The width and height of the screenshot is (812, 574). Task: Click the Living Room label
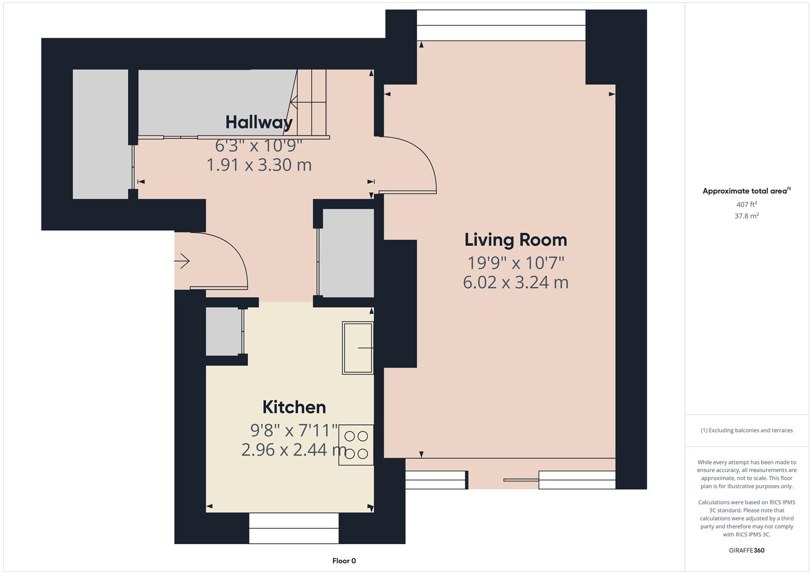[x=515, y=240]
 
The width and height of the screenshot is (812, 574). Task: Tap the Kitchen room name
[x=294, y=407]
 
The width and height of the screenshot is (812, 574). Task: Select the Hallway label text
[x=259, y=122]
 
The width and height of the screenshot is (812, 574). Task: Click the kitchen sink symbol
[x=358, y=348]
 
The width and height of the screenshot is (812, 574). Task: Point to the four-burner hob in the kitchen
[x=356, y=445]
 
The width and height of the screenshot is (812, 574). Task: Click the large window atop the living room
[x=500, y=25]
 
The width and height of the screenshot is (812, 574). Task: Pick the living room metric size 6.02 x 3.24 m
[x=515, y=282]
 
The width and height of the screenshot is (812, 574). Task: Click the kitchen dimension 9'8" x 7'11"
[x=294, y=429]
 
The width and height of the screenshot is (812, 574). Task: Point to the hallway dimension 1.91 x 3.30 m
[x=259, y=165]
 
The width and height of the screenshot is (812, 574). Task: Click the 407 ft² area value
[x=747, y=205]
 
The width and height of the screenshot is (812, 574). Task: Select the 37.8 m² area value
[x=747, y=216]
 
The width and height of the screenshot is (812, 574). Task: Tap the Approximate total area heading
[x=746, y=191]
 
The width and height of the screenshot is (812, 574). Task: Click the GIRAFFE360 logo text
[x=747, y=550]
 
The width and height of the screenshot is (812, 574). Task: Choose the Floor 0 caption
[x=344, y=561]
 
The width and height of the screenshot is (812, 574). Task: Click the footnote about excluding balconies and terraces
[x=747, y=430]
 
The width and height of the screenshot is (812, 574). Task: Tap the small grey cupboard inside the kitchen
[x=223, y=332]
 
